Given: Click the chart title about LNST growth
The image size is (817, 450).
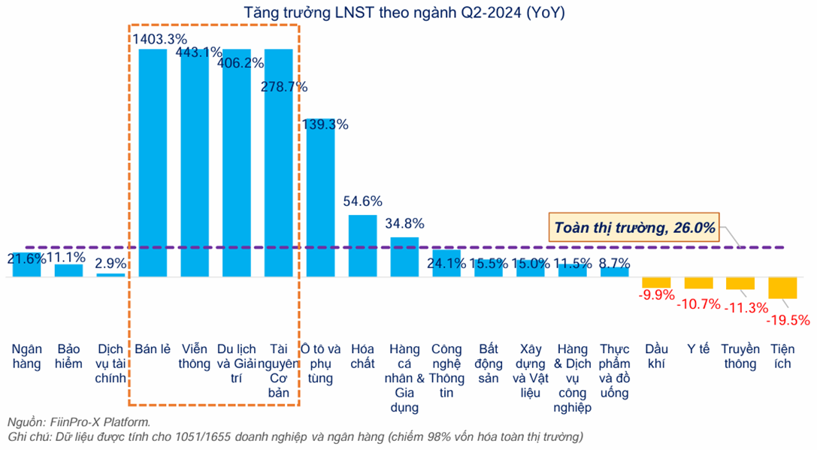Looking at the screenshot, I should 407,13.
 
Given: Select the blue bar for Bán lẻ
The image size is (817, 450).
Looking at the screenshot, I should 153,162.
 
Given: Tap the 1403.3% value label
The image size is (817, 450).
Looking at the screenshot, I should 159,38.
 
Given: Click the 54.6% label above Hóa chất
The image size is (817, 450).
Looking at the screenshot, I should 363,201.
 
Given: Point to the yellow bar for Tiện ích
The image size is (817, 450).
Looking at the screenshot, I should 782,288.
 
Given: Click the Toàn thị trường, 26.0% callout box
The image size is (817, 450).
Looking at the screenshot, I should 634,226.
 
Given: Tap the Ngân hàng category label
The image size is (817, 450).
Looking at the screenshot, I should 27,357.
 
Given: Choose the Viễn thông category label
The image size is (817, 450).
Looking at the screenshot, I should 195,357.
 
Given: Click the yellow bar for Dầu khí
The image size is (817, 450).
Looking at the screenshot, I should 656,282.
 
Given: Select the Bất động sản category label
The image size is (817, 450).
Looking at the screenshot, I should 489,364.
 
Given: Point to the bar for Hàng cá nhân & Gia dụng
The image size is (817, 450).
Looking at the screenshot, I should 404,256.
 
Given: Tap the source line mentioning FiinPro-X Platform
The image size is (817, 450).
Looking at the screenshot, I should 80,421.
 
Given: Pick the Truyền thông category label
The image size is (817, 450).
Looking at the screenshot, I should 740,357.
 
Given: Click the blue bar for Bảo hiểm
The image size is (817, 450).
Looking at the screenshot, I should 69,270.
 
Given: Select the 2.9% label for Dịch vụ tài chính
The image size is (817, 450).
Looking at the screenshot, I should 111,264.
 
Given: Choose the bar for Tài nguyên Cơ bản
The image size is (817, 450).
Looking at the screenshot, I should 279,162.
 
